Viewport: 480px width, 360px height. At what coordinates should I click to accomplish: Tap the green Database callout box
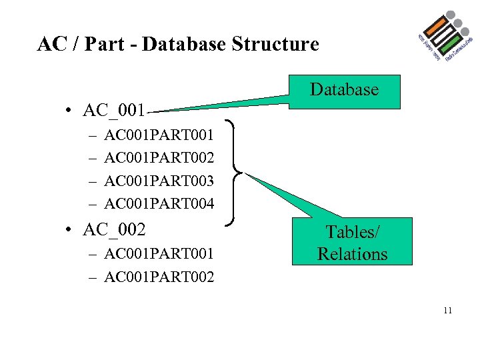coord(344,91)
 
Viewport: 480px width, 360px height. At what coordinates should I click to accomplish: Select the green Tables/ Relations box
coord(352,243)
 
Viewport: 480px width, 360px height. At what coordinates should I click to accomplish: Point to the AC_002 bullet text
coord(114,229)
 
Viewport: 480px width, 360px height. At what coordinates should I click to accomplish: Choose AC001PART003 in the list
coord(159,181)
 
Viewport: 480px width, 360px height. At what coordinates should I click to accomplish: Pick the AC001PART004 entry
coord(159,203)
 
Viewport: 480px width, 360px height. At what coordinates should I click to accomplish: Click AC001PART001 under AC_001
coord(159,135)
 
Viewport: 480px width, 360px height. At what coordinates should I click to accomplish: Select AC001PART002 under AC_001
coord(159,158)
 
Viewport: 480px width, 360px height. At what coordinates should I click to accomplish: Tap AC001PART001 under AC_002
coord(159,254)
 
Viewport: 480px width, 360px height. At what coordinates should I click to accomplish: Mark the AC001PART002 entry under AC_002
coord(159,277)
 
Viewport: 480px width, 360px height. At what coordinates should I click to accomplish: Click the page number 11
coord(447,309)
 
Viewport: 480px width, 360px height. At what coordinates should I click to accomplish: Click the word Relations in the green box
coord(352,254)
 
